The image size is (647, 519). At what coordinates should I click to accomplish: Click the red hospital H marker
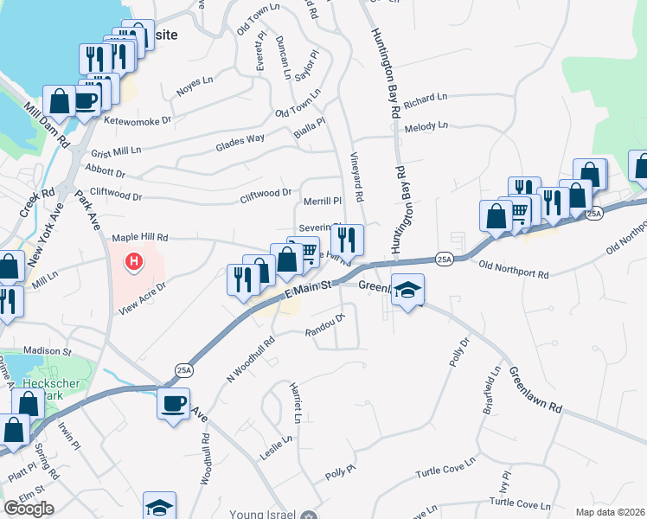[133, 259]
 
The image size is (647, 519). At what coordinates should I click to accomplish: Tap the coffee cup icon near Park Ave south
[174, 403]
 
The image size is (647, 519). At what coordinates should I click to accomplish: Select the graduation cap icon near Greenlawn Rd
[407, 291]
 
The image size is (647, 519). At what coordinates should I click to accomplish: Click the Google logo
[29, 509]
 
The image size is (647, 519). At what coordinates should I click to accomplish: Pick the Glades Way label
[240, 143]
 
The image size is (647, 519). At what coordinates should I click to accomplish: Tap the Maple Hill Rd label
[139, 237]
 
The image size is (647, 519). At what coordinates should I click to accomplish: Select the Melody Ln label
[426, 126]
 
